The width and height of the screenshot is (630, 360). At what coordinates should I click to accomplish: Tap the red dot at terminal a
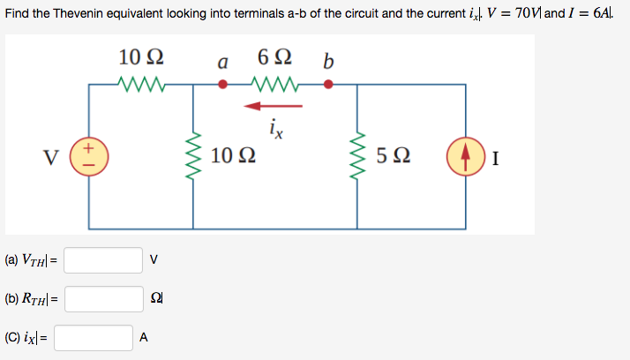coord(224,85)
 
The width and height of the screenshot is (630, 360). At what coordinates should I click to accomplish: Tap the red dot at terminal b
coord(328,85)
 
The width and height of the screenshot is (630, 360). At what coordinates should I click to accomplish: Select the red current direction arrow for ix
coord(274,106)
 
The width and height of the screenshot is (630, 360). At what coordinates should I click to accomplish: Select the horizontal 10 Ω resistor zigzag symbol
coord(139,85)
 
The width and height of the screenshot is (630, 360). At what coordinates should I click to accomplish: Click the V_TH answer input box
coord(103,260)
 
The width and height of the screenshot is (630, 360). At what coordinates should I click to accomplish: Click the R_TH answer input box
coord(103,299)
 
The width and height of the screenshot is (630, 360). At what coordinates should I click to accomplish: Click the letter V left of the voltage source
coord(54,160)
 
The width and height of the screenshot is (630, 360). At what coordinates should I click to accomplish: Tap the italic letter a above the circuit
coord(223,63)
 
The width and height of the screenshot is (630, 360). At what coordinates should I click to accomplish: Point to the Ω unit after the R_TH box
coord(157,299)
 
